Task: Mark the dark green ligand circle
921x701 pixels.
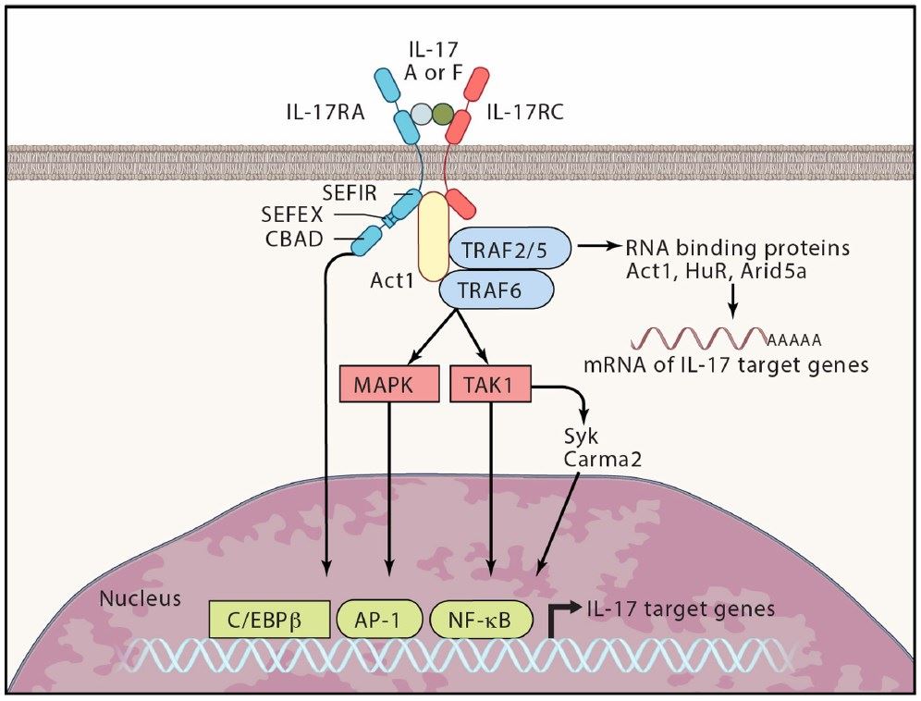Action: click(x=444, y=115)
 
